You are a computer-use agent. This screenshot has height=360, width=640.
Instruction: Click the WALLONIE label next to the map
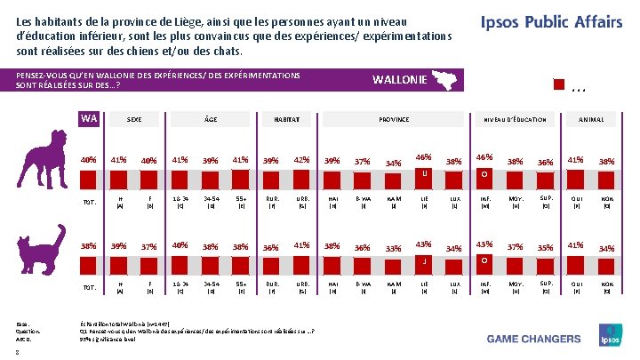coord(399,82)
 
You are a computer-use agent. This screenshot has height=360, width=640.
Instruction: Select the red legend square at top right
coord(558,85)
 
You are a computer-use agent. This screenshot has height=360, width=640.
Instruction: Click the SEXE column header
coord(134,119)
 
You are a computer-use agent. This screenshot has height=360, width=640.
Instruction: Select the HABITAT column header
coord(286,119)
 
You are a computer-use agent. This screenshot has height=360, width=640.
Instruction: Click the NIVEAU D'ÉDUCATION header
coord(514,119)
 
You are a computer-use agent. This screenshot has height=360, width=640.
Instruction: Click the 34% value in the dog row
coord(393,163)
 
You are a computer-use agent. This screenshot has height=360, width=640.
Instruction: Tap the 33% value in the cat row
coord(393,249)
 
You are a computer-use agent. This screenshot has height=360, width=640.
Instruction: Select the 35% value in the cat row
coord(546,247)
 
